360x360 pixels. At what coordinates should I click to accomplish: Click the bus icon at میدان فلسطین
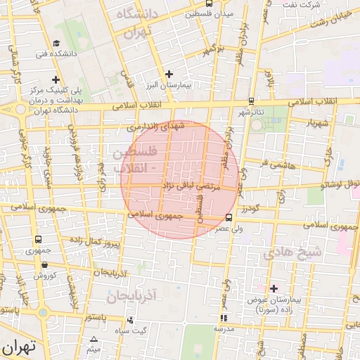(x=188, y=13)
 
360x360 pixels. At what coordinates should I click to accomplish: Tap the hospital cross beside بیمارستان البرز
(x=168, y=73)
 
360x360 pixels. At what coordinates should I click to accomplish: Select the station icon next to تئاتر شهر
(x=271, y=101)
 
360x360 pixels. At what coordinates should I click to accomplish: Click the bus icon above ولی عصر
(x=229, y=217)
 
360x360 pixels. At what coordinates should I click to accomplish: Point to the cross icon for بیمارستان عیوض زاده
(x=274, y=288)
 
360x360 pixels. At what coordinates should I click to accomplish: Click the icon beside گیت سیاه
(x=130, y=320)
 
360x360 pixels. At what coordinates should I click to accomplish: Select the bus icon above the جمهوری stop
(x=37, y=240)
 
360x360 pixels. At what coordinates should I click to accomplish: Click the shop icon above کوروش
(x=45, y=265)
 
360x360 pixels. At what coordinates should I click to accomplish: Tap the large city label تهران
(x=18, y=347)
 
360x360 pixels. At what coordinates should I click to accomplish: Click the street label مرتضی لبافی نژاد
(x=191, y=186)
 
